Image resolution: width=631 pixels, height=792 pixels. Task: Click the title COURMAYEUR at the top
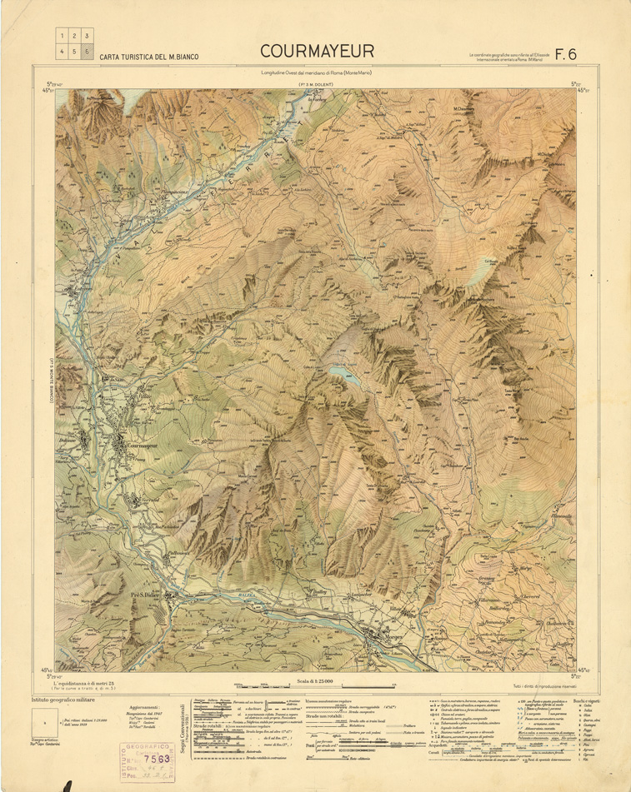(315, 53)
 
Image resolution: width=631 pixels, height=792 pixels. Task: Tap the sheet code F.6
(566, 54)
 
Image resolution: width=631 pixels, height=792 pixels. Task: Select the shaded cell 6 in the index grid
(87, 51)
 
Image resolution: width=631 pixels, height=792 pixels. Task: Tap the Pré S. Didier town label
(150, 595)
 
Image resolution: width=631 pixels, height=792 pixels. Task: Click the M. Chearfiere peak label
(463, 109)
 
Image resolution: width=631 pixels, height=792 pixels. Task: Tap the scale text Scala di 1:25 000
(314, 681)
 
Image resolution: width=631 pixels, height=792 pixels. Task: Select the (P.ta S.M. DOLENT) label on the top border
(315, 85)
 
